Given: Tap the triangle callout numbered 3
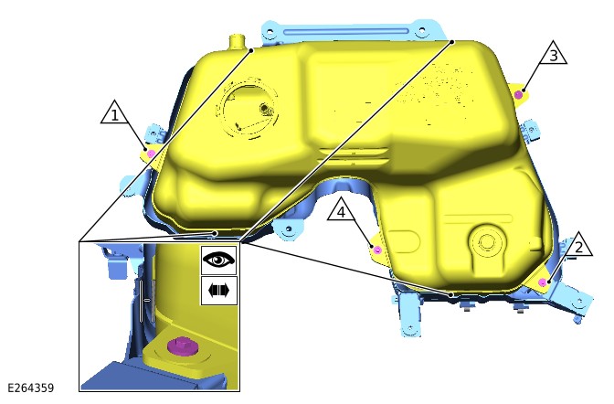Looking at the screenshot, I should pyautogui.click(x=552, y=54).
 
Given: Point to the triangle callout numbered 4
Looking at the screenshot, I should pyautogui.click(x=341, y=212).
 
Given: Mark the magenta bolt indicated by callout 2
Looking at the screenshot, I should pyautogui.click(x=545, y=283).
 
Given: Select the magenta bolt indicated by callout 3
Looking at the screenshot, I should pyautogui.click(x=519, y=93).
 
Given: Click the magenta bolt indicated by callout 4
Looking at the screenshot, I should pyautogui.click(x=376, y=249).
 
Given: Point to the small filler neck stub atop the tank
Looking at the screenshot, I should pyautogui.click(x=238, y=41).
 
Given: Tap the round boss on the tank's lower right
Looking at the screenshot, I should pyautogui.click(x=486, y=244).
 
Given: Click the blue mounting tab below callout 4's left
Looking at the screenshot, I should pyautogui.click(x=291, y=226).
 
